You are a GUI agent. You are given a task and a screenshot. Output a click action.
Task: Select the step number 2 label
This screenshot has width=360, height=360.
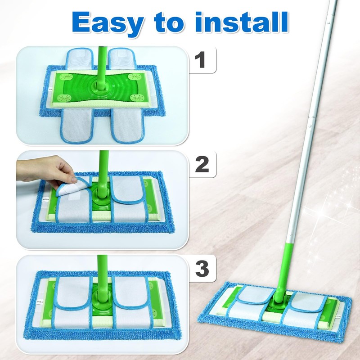pyautogui.click(x=202, y=165)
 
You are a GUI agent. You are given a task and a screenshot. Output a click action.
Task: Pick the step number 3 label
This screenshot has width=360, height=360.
pyautogui.click(x=202, y=269)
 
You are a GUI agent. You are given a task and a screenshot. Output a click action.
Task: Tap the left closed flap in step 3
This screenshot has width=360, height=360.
pyautogui.click(x=74, y=292)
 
